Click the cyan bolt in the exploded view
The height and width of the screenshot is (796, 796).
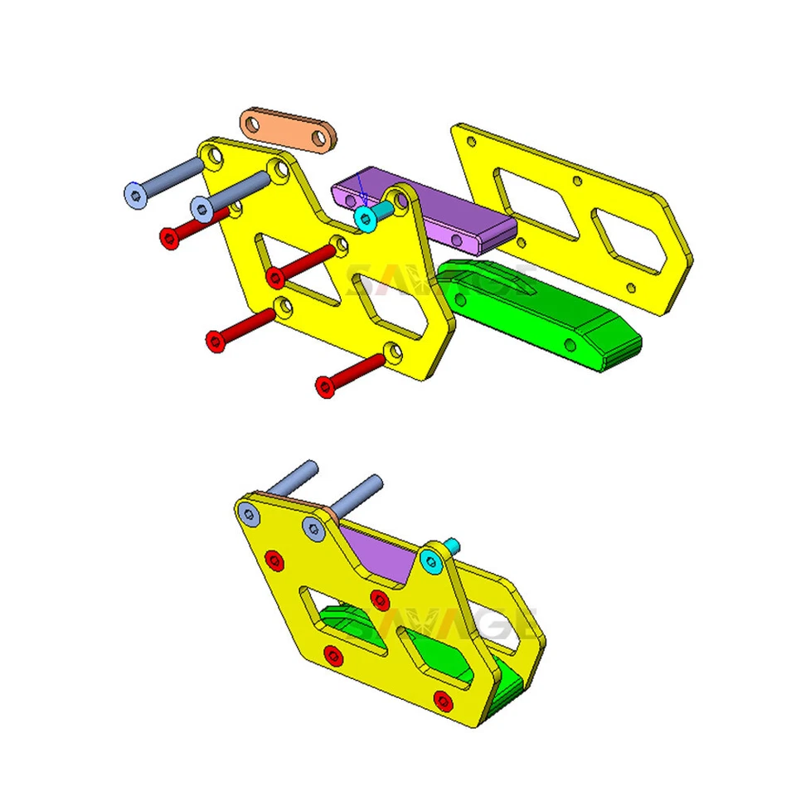point(365,218)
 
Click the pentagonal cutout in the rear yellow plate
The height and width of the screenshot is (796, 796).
point(630,240)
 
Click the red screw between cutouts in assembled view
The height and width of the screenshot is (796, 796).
point(380,599)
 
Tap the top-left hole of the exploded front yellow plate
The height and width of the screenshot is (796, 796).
point(214,155)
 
